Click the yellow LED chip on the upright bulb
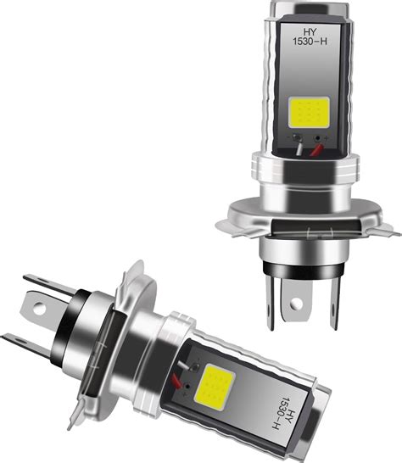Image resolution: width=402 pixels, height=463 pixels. click(309, 112)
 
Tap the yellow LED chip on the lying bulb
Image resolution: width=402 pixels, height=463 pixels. click(215, 387)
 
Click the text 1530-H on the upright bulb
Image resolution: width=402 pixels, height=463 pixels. click(310, 41)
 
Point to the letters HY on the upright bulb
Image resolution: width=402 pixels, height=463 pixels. click(310, 31)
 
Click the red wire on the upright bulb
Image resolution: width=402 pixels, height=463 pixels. click(316, 149)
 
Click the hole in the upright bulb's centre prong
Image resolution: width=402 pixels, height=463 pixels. click(296, 303)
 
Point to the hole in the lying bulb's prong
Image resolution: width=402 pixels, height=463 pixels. click(40, 309)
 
